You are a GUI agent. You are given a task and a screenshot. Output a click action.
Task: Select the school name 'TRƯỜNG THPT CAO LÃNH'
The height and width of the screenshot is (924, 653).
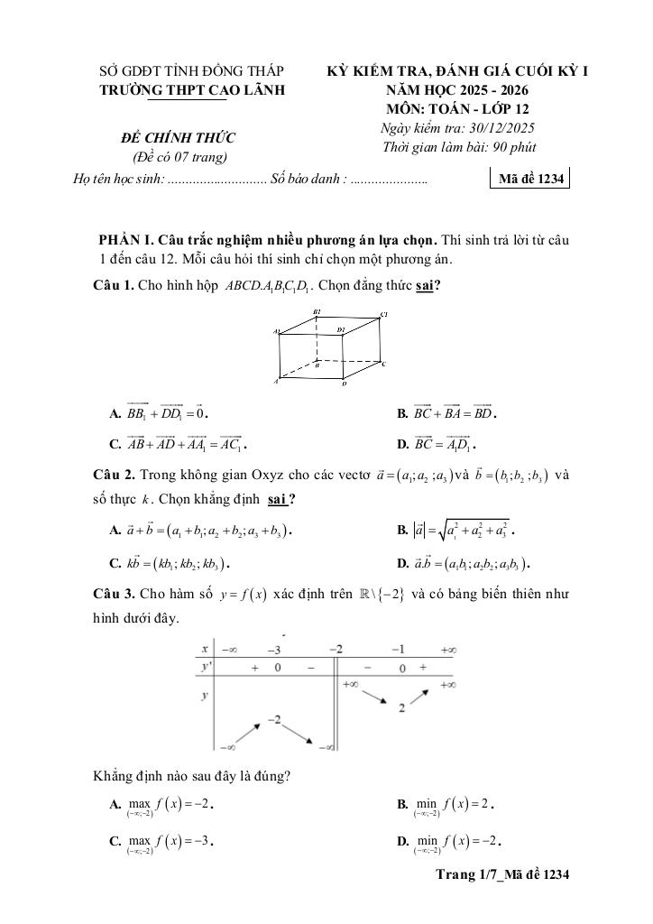coord(191,89)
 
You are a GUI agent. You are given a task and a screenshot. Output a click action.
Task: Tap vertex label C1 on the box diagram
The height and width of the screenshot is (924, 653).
coord(384,314)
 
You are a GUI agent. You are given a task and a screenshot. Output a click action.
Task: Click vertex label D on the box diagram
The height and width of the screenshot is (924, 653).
coord(344,383)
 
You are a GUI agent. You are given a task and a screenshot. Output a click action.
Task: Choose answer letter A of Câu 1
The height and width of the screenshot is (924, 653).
coord(115,414)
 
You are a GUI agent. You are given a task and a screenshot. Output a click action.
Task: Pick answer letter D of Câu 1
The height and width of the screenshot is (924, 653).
coord(402,445)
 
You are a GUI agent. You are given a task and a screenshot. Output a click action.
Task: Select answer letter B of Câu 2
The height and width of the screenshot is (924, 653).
coord(402,531)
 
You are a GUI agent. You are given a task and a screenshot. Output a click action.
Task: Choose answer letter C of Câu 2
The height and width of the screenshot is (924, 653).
coord(115,565)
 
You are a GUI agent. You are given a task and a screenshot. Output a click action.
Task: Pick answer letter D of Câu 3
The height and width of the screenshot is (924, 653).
coord(402,842)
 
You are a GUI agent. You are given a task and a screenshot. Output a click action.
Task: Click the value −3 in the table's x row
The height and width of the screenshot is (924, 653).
coord(272,650)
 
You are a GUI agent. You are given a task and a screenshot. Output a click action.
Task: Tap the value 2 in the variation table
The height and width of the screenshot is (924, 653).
coord(400,708)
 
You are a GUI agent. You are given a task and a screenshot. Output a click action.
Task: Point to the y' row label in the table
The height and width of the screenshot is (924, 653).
coord(207,667)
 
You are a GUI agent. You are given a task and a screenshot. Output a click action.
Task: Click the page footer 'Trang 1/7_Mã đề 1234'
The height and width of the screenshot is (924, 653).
coord(502,874)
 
